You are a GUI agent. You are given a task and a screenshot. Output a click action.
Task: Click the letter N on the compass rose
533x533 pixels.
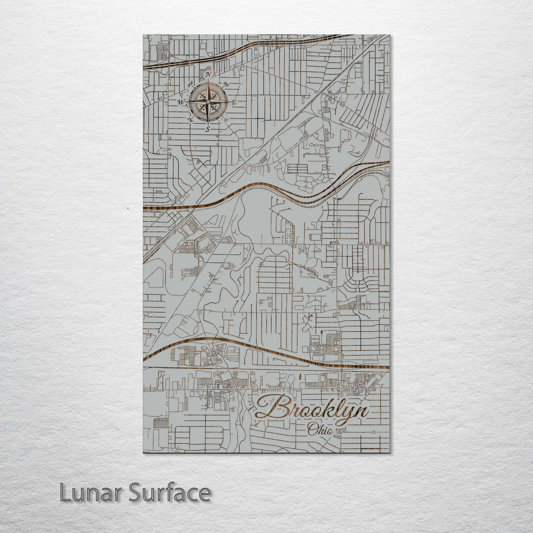(x=208, y=75)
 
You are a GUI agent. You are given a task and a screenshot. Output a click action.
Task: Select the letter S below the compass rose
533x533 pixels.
(x=208, y=129)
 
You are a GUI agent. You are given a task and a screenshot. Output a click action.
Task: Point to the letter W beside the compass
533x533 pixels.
(x=181, y=102)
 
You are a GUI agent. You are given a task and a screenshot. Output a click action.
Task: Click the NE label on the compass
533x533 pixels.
(x=226, y=84)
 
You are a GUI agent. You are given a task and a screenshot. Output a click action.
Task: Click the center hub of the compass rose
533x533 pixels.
(x=208, y=102)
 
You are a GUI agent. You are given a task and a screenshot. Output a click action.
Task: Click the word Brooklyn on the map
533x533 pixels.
(x=312, y=409)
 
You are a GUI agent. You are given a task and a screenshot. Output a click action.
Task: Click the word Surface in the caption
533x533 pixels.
(x=170, y=493)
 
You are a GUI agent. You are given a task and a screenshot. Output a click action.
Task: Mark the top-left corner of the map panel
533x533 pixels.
(x=144, y=35)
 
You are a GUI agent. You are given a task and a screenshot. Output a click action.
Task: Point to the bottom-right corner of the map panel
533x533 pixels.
(x=389, y=452)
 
